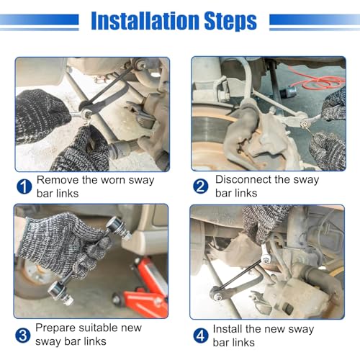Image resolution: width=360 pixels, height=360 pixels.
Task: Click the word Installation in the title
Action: tap(145, 21)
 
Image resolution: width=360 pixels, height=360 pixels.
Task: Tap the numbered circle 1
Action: tap(24, 186)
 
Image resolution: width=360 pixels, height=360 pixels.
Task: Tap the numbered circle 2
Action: tap(201, 186)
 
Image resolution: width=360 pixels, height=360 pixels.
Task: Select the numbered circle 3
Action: tap(23, 335)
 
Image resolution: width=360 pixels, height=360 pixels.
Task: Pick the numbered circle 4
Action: tap(201, 336)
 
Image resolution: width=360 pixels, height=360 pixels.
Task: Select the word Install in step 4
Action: tap(228, 329)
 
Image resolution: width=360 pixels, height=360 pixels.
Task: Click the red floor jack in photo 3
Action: tap(143, 288)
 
